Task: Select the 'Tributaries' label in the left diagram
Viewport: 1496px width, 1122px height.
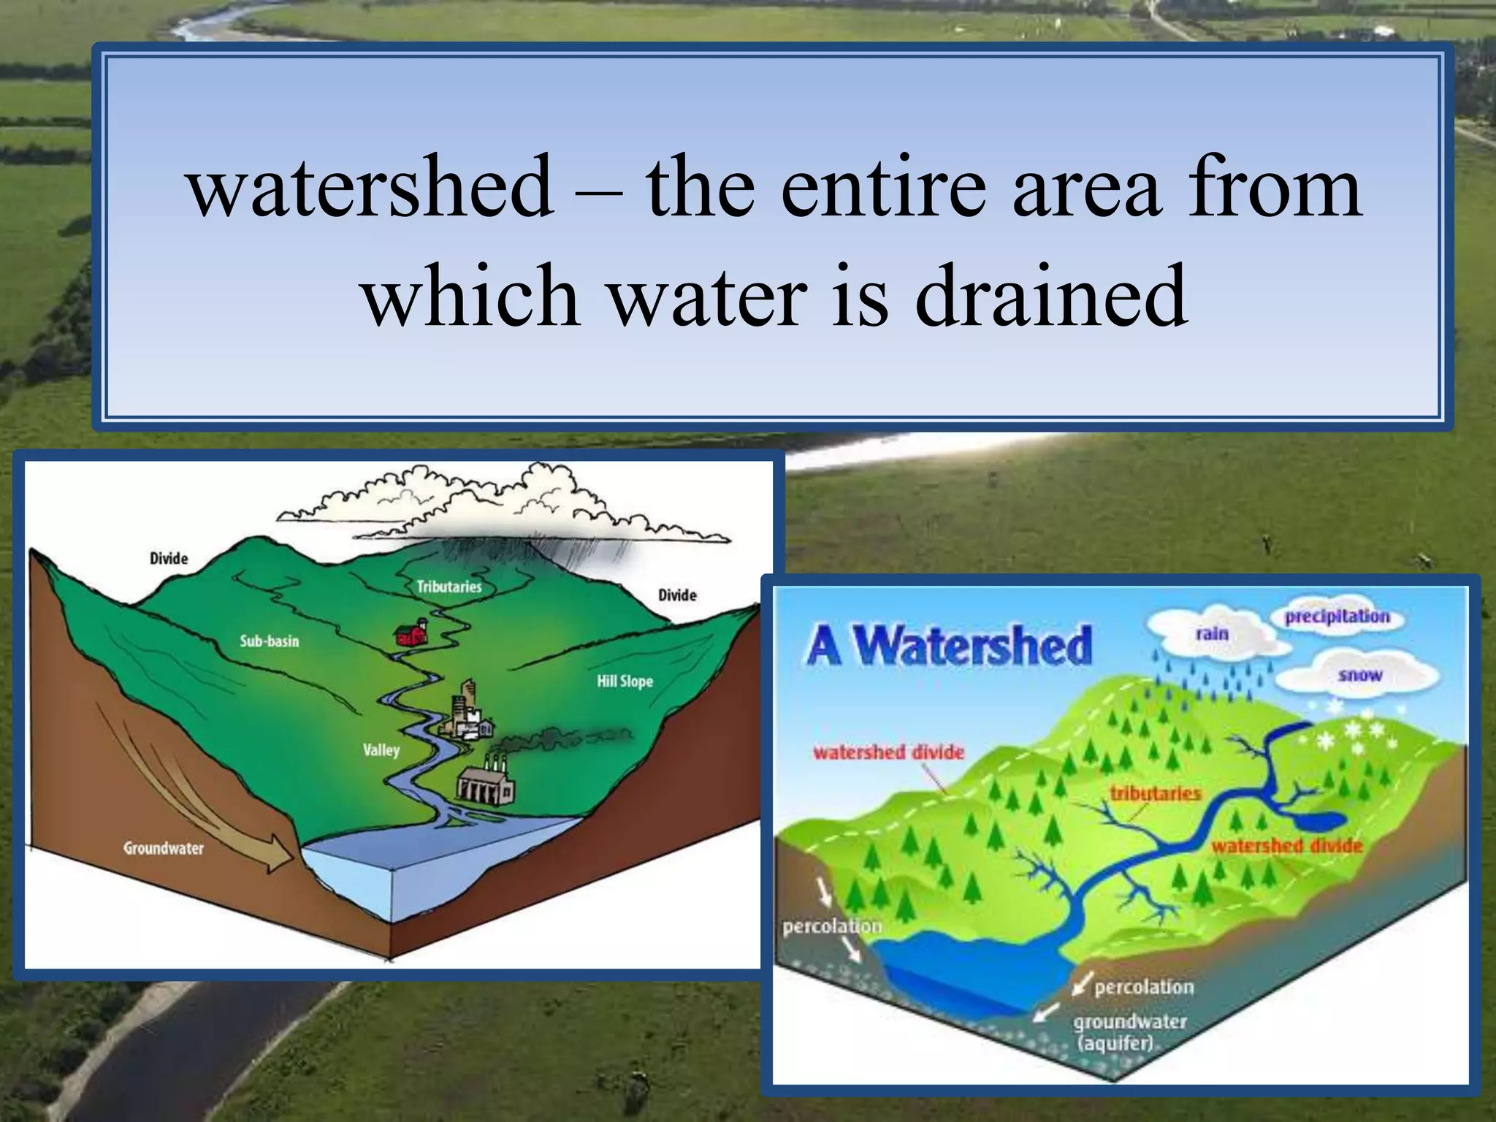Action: [x=449, y=587]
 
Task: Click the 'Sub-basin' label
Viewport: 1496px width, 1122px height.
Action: [x=270, y=641]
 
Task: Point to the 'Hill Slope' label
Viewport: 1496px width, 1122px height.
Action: [x=625, y=682]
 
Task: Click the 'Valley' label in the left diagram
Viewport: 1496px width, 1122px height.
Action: [x=381, y=750]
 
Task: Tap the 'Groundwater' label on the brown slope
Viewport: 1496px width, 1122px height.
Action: [x=163, y=848]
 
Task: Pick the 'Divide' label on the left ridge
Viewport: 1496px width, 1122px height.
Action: [x=169, y=559]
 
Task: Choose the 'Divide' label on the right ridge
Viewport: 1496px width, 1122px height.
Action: [x=677, y=595]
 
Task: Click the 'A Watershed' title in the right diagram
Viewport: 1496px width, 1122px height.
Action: [x=950, y=646]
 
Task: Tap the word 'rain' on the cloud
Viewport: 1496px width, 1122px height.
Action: [x=1212, y=633]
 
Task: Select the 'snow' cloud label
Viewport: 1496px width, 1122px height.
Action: [x=1359, y=675]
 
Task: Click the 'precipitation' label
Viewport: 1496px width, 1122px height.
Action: [x=1337, y=617]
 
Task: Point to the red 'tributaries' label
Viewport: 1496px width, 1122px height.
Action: [x=1155, y=793]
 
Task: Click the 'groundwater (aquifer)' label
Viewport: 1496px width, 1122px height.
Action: [x=1129, y=1031]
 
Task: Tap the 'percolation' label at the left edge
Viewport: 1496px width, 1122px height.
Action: [x=832, y=926]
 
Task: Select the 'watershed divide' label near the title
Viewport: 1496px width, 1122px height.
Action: [x=888, y=752]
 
